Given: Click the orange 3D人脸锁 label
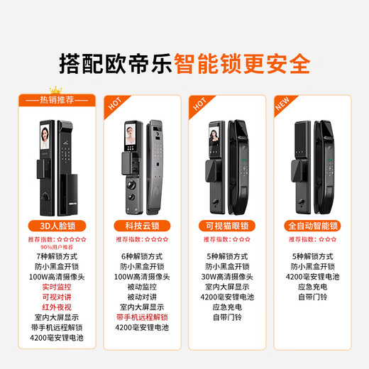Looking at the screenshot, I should pos(59,226).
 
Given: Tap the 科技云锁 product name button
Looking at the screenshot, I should pos(142,226).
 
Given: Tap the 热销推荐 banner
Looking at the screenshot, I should pos(59,100).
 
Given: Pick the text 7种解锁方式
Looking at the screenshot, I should pos(59,255).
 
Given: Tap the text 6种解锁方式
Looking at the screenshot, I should pos(142,255).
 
